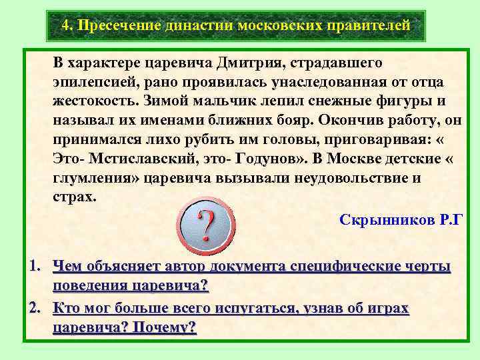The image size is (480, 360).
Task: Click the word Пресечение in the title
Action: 115,25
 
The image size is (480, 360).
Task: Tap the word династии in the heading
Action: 189,25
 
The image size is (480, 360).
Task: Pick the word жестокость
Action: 93,102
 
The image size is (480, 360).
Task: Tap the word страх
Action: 72,197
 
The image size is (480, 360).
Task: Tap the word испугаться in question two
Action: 257,308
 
